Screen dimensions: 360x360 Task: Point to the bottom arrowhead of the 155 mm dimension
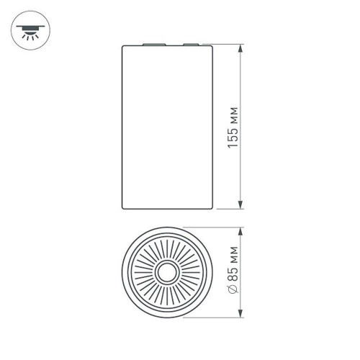tap(240, 207)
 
